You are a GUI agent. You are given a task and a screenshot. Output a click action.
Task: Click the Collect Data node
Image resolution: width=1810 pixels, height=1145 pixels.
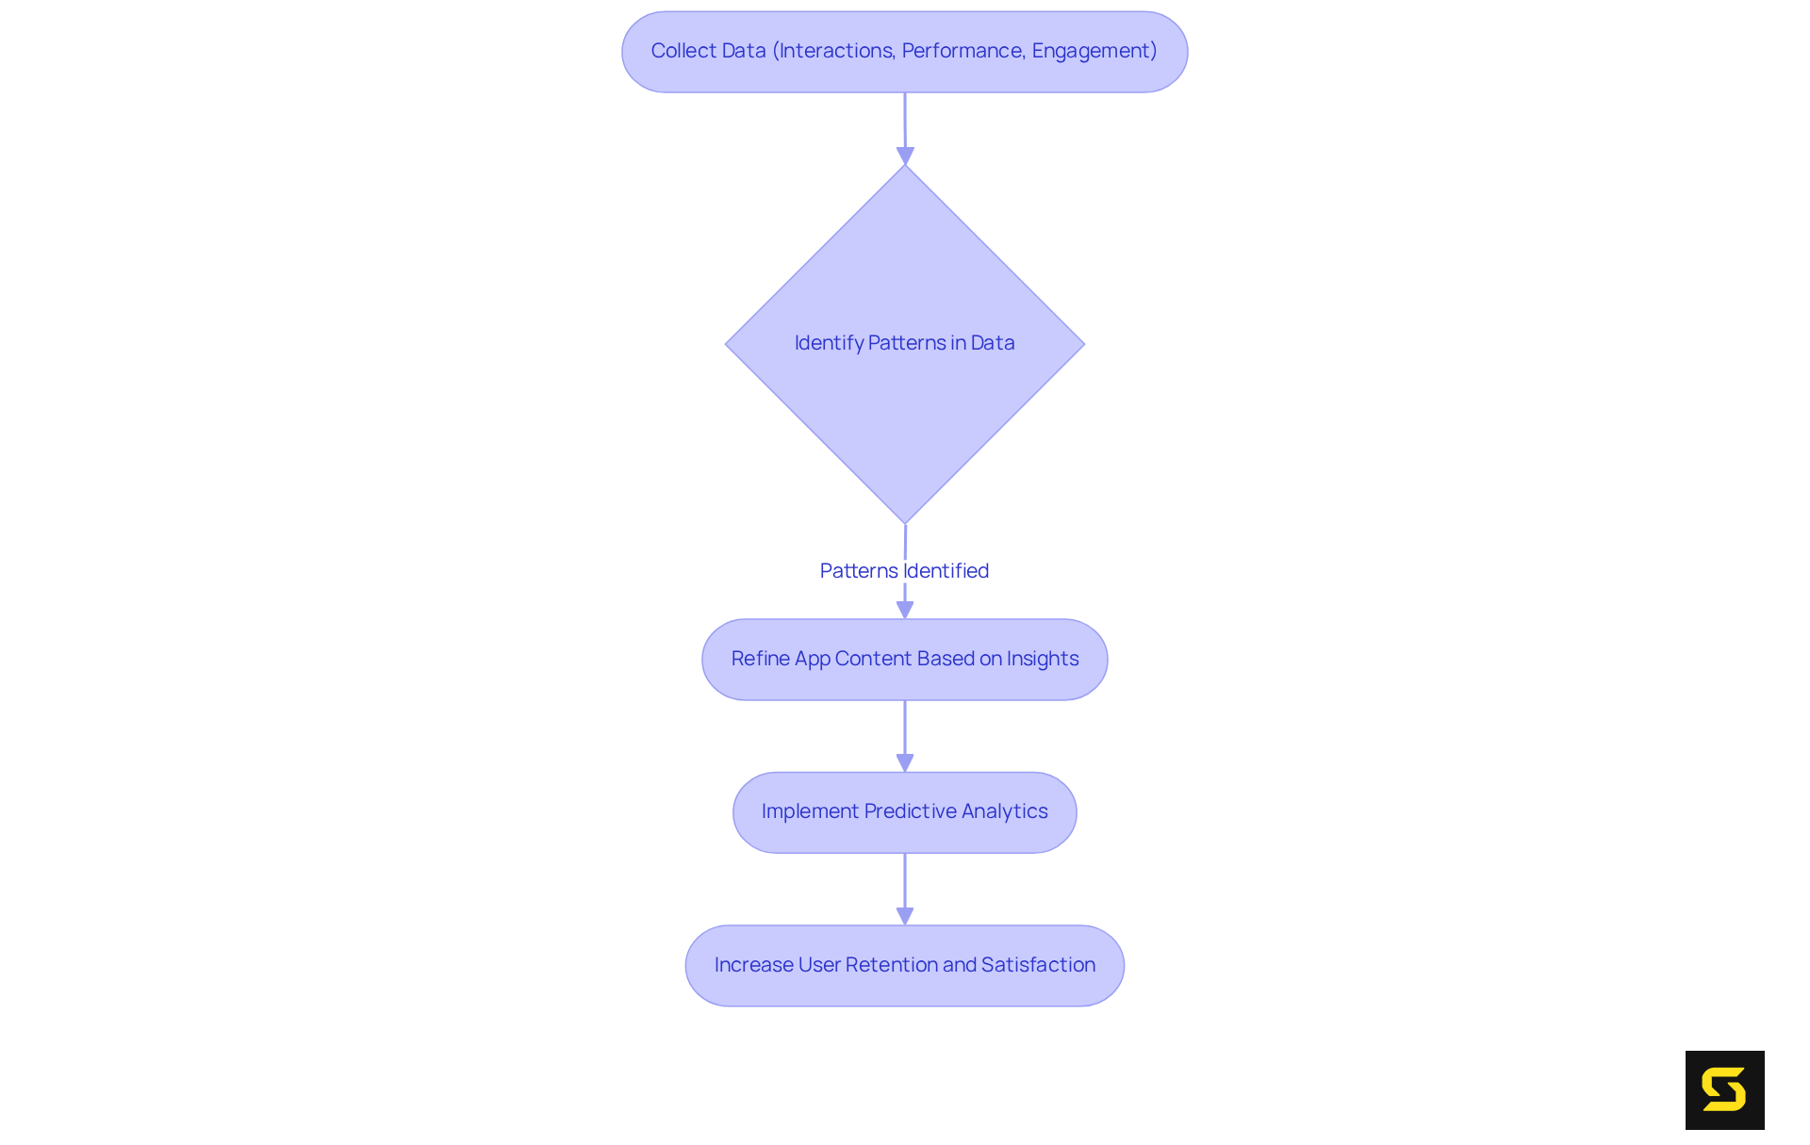click(904, 52)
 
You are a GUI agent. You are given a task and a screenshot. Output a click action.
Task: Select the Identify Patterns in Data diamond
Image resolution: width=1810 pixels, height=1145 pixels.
click(904, 396)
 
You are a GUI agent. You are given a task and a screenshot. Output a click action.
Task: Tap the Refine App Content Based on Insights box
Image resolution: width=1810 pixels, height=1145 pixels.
click(904, 660)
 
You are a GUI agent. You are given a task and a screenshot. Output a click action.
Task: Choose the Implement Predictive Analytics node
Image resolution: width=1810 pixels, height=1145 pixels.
click(904, 812)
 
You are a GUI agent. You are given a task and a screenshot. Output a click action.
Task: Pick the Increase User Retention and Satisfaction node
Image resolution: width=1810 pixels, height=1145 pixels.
click(904, 966)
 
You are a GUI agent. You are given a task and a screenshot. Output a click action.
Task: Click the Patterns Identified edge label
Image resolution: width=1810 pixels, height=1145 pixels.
click(904, 571)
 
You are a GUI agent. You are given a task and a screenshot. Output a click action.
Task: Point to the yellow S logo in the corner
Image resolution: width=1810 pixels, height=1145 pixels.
click(1724, 1090)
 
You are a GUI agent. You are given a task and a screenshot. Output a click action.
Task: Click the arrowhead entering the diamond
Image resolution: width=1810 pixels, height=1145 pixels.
click(905, 155)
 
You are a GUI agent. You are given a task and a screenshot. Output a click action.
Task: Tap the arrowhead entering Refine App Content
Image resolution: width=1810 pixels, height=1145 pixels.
click(905, 610)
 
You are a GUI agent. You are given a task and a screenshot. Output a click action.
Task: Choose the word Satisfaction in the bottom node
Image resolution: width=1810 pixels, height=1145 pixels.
click(1038, 965)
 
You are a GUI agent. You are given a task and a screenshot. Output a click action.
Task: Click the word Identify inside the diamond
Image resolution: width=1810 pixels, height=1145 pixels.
click(829, 343)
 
